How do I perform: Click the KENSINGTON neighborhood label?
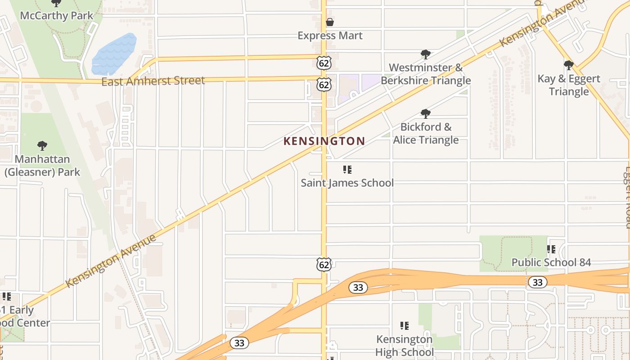[x=324, y=141]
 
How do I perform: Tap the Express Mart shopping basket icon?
[x=330, y=22]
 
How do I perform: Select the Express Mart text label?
[x=330, y=36]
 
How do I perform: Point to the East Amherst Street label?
[x=153, y=81]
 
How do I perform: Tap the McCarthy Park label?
[x=57, y=16]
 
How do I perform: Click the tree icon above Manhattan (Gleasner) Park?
[x=42, y=146]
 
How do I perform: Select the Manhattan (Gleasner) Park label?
[x=42, y=166]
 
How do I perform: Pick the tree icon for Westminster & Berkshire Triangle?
[x=425, y=55]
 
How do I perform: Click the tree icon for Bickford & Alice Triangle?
[x=425, y=114]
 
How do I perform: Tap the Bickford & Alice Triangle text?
[x=426, y=133]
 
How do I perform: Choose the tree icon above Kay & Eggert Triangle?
[x=569, y=65]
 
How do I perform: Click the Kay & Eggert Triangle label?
[x=569, y=85]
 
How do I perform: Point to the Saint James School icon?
[x=347, y=170]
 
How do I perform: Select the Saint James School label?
[x=347, y=183]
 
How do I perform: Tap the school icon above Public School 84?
[x=551, y=249]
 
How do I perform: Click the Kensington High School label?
[x=404, y=346]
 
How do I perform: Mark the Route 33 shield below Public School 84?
[x=537, y=282]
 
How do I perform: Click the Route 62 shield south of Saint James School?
[x=324, y=264]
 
